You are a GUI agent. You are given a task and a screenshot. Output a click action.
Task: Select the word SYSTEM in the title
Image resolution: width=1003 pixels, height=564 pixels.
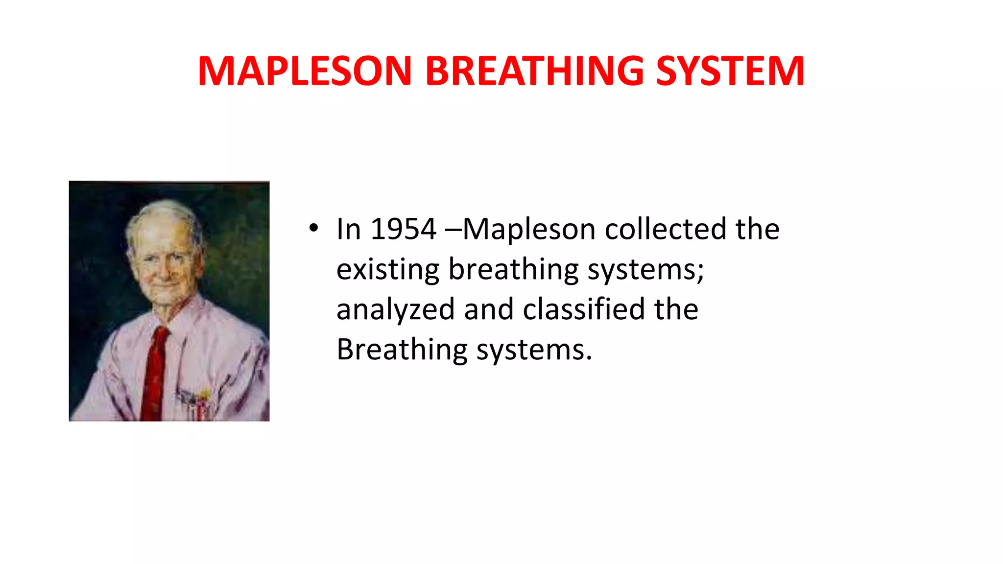coord(730,71)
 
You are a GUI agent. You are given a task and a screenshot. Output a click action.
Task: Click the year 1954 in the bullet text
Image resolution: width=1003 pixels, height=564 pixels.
coord(403,229)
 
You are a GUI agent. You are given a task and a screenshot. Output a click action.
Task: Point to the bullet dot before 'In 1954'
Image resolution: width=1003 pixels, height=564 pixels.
coord(313,228)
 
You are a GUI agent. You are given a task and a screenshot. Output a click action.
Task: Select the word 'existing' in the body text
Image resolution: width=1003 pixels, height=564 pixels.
coord(387,269)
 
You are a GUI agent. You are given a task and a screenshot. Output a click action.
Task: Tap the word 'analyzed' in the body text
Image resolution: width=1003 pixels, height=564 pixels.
coord(395,310)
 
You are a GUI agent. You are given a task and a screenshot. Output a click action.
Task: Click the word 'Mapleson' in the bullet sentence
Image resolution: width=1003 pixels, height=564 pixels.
coord(529,229)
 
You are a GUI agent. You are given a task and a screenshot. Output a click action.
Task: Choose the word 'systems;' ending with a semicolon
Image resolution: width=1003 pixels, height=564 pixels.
coord(645,270)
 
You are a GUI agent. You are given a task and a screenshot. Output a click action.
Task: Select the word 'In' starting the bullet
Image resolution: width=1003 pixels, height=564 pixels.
coord(348,229)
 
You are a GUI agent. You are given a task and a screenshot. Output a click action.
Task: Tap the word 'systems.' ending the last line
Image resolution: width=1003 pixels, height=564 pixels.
coord(534,350)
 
